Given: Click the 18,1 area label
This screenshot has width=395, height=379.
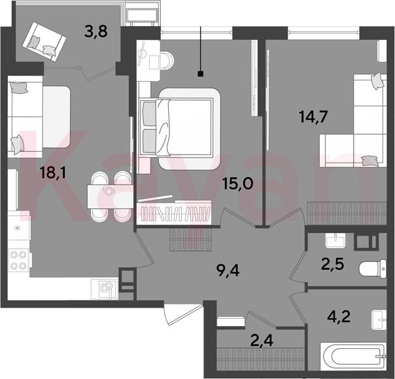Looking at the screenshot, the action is tap(53, 173).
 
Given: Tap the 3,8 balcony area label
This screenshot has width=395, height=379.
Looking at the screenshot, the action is tap(96, 31).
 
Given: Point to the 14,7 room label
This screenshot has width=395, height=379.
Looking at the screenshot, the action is tap(313, 117).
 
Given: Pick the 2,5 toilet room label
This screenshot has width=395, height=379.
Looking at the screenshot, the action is tap(332, 265).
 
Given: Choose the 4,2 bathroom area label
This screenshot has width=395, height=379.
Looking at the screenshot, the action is tap(339, 316).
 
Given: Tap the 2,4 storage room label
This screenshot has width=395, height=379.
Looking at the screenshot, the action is tap(262, 340).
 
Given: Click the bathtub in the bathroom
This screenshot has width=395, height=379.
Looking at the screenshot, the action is tap(353, 357).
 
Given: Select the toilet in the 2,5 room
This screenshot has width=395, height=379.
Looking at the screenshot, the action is tap(373, 269).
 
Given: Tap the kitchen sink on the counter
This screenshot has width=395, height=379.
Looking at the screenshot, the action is tap(105, 289).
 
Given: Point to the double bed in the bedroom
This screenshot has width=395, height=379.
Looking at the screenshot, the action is tap(179, 128).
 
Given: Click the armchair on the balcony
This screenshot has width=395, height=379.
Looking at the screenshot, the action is tap(44, 42).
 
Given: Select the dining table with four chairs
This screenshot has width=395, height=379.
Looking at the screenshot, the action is tap(111, 196).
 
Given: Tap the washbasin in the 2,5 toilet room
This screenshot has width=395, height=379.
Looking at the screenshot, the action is tap(335, 240).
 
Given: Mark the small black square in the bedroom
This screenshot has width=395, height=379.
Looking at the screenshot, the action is tap(201, 74).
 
